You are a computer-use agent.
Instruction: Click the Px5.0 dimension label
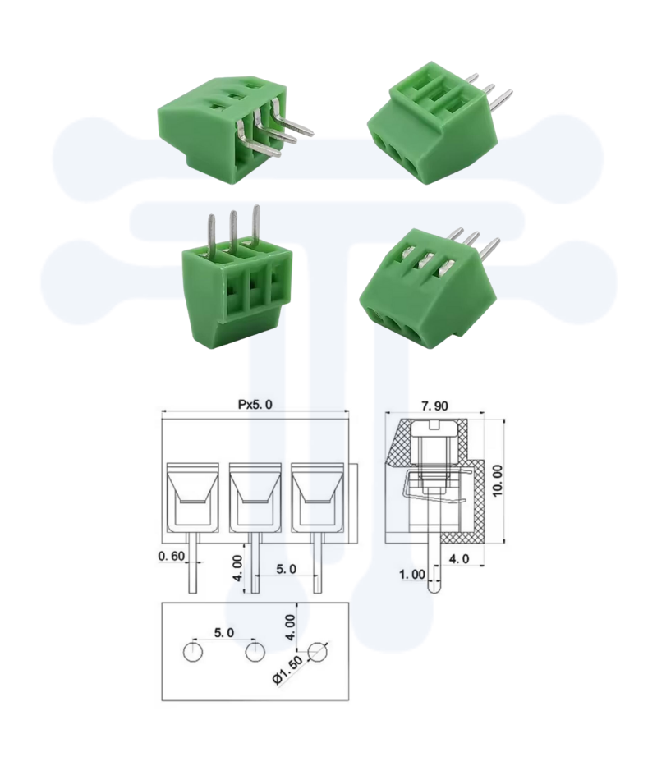(255, 404)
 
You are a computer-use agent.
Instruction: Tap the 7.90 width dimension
(435, 406)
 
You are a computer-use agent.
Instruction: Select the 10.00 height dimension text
(496, 479)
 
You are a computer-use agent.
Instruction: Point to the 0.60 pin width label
(172, 557)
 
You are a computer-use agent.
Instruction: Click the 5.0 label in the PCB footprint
(223, 632)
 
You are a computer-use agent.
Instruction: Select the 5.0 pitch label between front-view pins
(286, 568)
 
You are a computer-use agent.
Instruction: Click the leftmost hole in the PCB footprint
(193, 653)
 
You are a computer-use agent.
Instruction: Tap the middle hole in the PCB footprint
(255, 653)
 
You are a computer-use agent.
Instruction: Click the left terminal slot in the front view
(192, 497)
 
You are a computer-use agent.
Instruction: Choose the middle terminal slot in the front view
(255, 497)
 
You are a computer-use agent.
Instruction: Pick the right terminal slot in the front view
(317, 497)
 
